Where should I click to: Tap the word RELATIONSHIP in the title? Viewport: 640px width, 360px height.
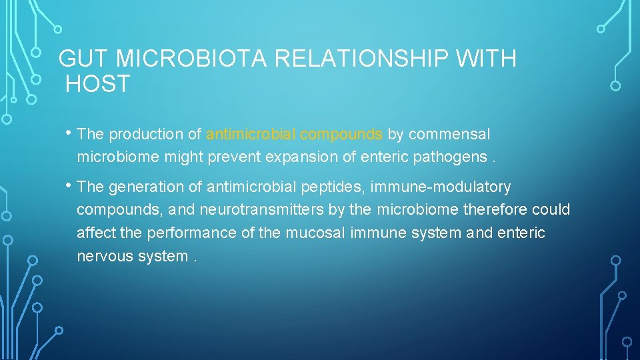(x=361, y=59)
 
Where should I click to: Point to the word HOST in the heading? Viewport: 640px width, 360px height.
(x=98, y=85)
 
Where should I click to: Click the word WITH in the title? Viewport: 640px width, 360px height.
(x=486, y=59)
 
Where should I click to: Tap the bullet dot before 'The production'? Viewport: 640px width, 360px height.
(x=71, y=132)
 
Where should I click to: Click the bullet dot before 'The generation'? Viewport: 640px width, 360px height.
(x=71, y=185)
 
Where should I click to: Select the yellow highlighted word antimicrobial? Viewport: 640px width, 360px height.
(x=251, y=134)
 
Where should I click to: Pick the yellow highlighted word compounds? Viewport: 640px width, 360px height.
(x=341, y=134)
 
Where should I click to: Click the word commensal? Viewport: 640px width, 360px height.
(x=449, y=134)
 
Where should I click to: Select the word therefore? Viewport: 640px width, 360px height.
(x=495, y=210)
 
